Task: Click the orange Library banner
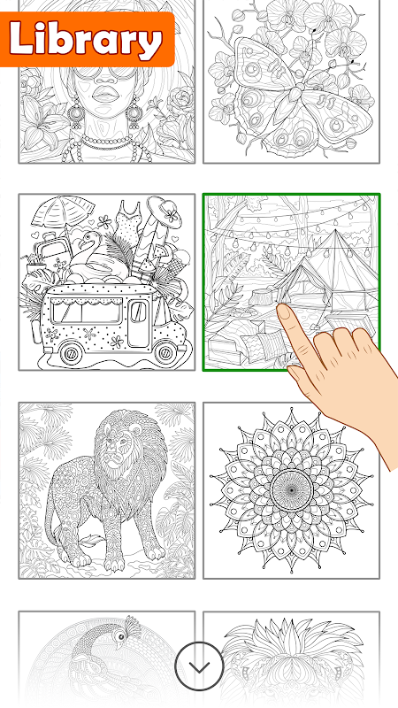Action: pos(87,39)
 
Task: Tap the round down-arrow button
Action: pos(199,666)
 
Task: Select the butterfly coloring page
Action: pos(292,81)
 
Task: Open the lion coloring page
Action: pos(107,490)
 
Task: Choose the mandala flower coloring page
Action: pos(292,490)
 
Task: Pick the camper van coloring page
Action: pos(107,282)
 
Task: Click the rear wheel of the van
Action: pos(72,352)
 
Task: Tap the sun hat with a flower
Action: pos(165,212)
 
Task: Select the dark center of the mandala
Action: pos(292,490)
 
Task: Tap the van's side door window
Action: pos(139,312)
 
